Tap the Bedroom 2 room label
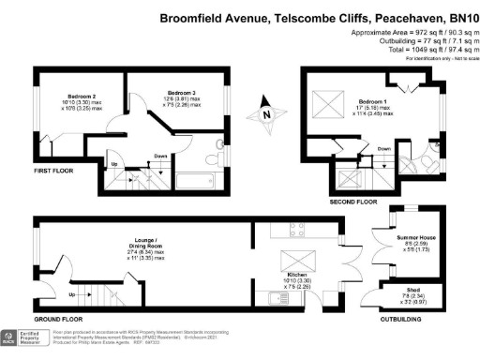click(x=68, y=96)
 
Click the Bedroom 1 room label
click(x=372, y=101)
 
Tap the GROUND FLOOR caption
click(x=55, y=318)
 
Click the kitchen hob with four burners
click(x=298, y=229)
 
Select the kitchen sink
click(x=277, y=298)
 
